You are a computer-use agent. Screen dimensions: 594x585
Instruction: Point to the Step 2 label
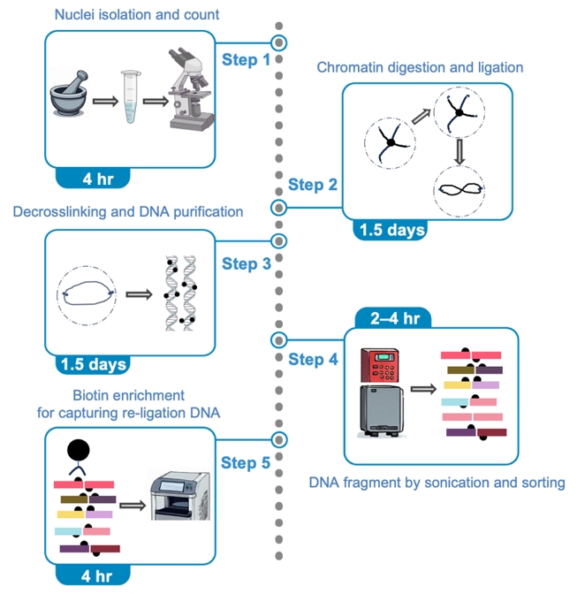[312, 185]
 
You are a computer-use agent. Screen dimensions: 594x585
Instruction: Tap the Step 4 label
[312, 359]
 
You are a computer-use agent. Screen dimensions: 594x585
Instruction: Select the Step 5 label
[245, 461]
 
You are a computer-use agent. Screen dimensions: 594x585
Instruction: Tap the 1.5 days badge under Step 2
[391, 230]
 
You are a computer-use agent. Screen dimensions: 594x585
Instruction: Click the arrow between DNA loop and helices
[136, 294]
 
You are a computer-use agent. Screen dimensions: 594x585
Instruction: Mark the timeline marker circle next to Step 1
[279, 42]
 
